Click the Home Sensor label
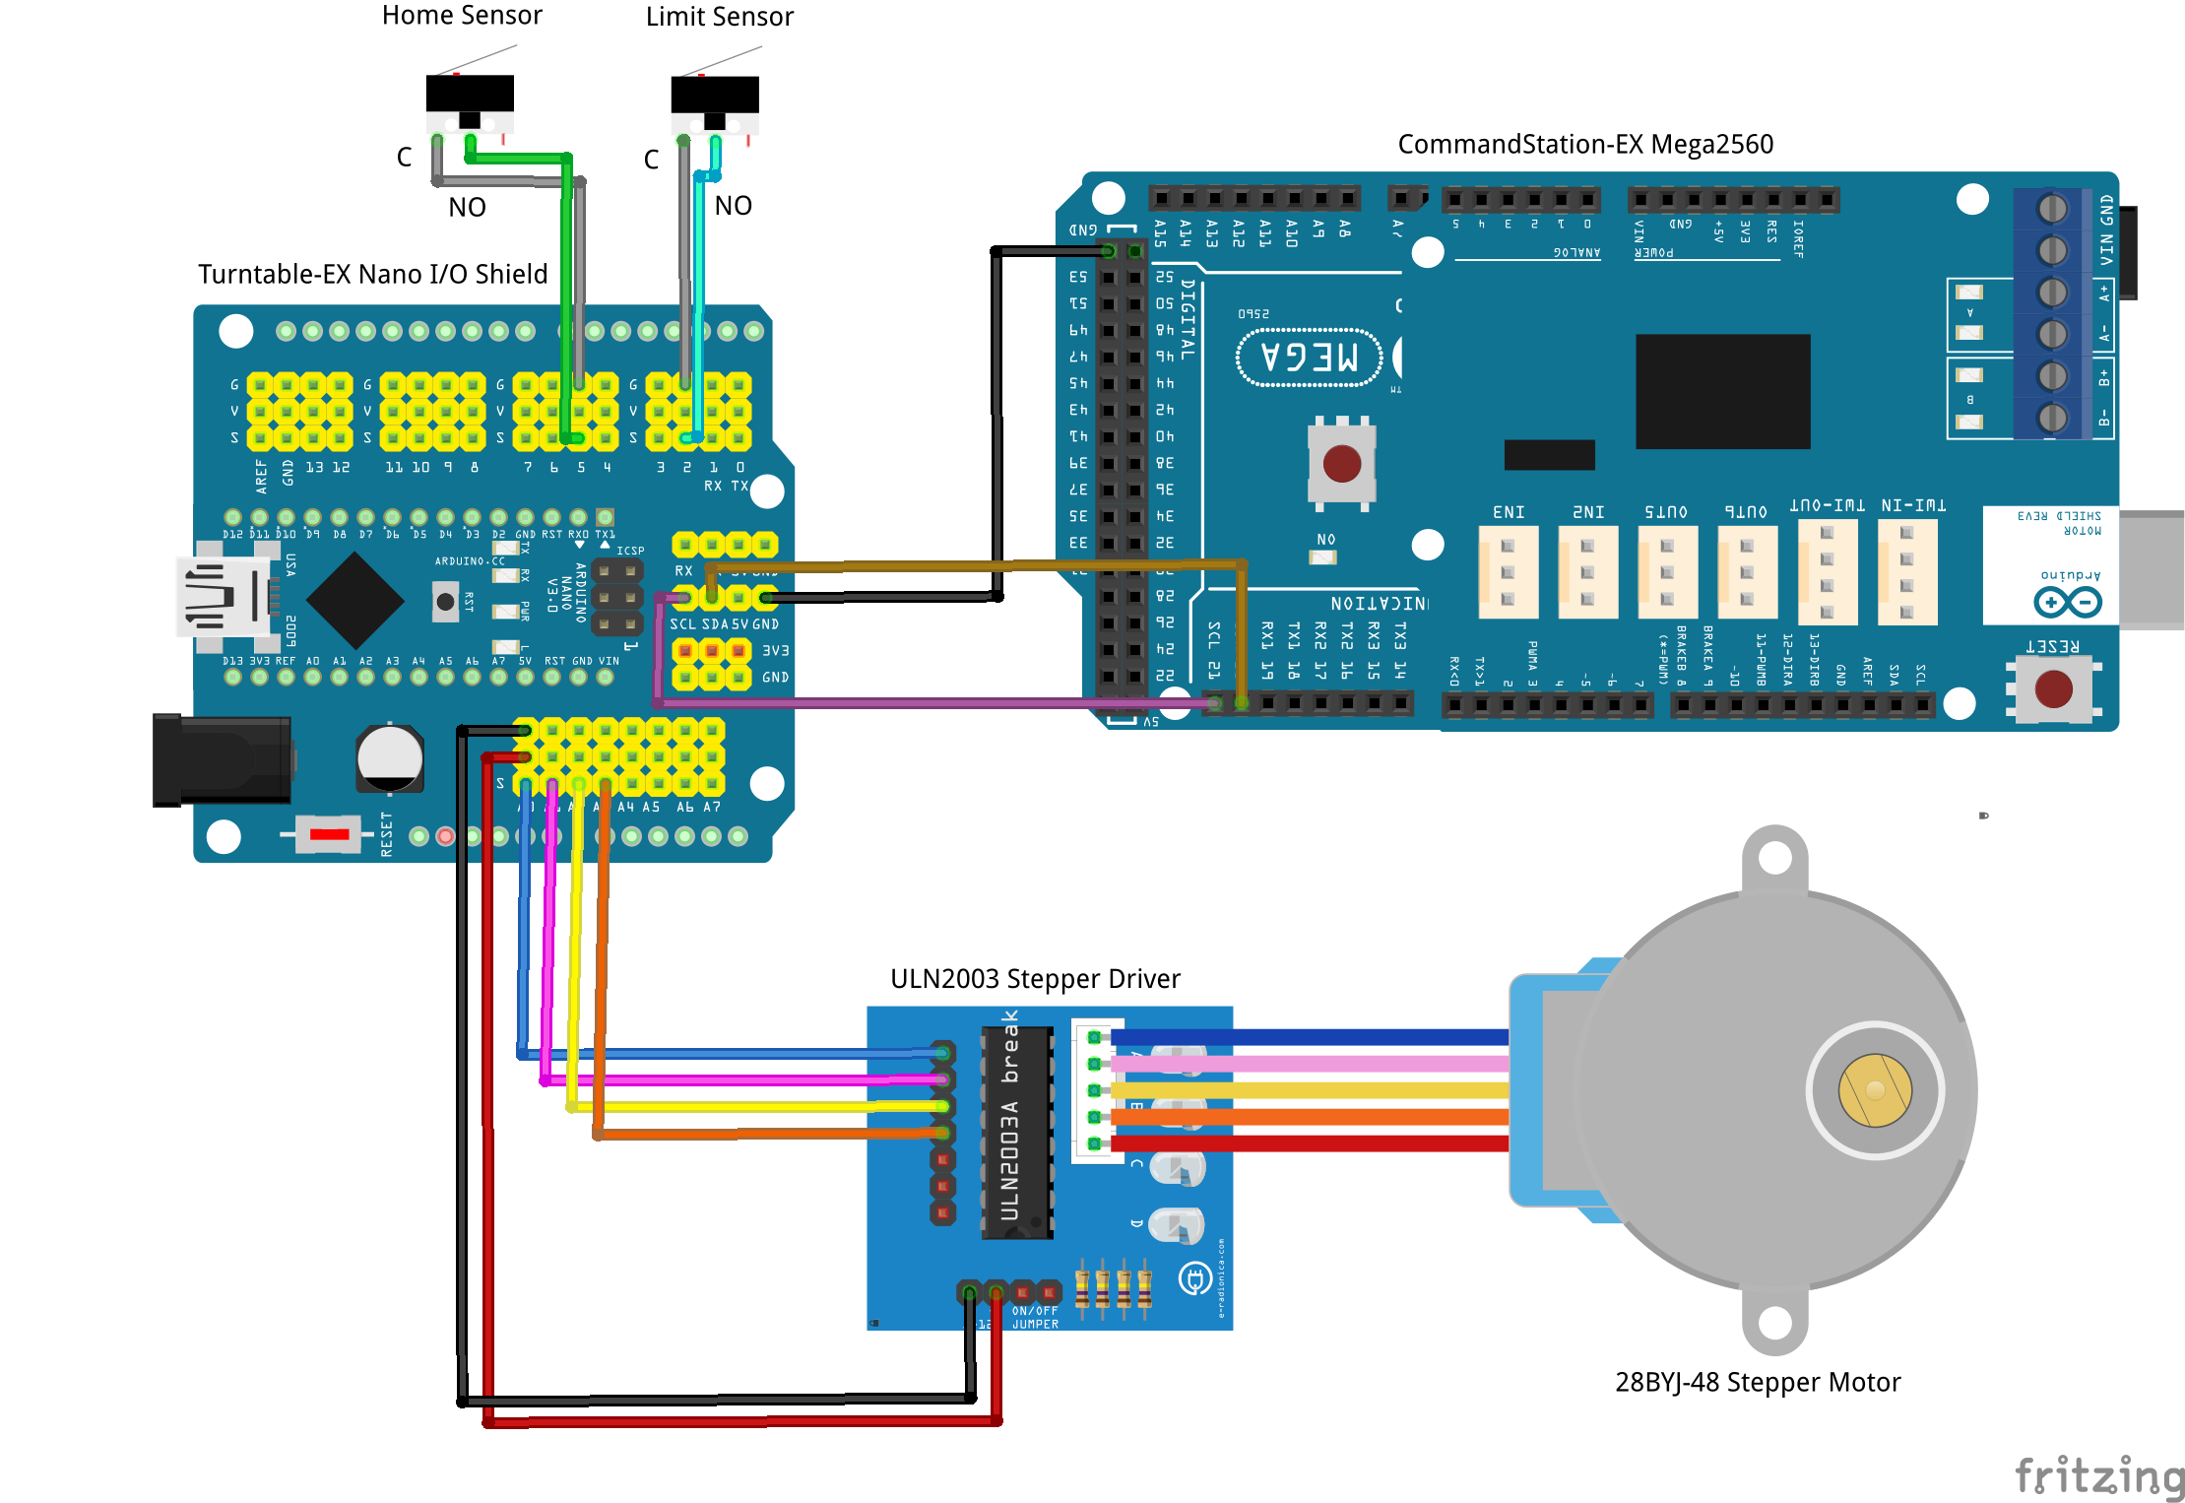pyautogui.click(x=461, y=16)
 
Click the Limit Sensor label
pyautogui.click(x=719, y=17)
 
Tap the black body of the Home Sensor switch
pyautogui.click(x=470, y=94)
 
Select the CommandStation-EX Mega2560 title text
pyautogui.click(x=1585, y=145)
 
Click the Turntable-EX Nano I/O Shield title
pyautogui.click(x=372, y=274)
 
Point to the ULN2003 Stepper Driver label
pyautogui.click(x=1035, y=979)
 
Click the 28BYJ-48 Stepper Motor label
pyautogui.click(x=1758, y=1382)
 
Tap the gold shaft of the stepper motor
pyautogui.click(x=1875, y=1090)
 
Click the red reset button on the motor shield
pyautogui.click(x=2053, y=688)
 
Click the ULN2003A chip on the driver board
pyautogui.click(x=1017, y=1133)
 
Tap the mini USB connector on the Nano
pyautogui.click(x=223, y=596)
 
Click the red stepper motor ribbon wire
pyautogui.click(x=1310, y=1144)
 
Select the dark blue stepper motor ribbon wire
pyautogui.click(x=1310, y=1037)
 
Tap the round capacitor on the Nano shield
pyautogui.click(x=390, y=758)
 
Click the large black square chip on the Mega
pyautogui.click(x=1722, y=391)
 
